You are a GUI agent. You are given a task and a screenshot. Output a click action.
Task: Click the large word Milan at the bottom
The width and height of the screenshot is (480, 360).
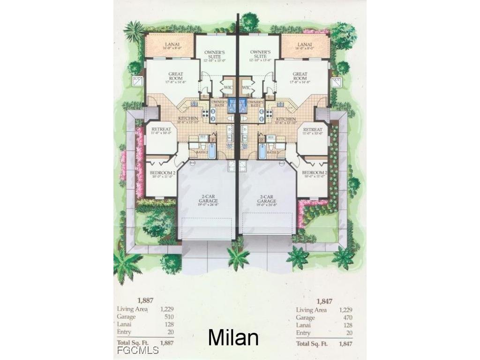(233, 337)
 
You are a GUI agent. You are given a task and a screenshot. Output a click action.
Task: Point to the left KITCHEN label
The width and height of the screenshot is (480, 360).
(188, 119)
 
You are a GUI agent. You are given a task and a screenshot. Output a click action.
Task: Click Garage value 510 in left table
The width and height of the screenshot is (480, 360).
(167, 317)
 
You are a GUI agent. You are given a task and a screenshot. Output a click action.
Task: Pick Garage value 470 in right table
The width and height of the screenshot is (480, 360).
(346, 317)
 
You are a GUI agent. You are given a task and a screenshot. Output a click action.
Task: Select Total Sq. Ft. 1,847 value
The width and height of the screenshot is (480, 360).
(344, 344)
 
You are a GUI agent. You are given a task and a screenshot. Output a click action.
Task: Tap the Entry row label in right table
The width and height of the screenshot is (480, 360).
(303, 333)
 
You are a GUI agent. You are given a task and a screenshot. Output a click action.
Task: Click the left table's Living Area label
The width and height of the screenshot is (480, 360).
(132, 309)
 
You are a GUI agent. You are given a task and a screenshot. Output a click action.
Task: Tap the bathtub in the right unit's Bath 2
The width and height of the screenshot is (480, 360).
(262, 151)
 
